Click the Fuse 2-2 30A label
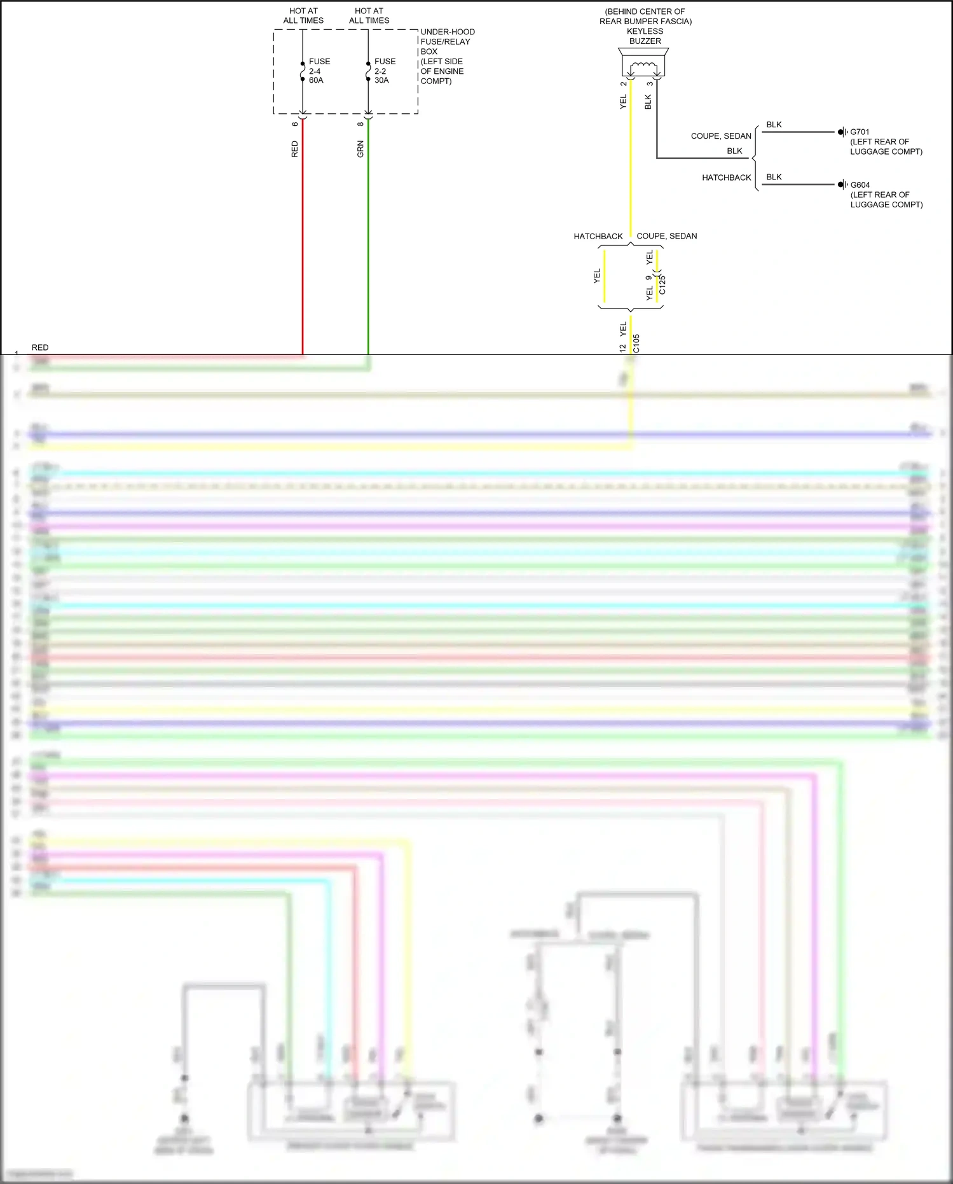385,71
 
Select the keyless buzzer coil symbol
643,67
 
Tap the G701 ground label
860,132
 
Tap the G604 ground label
860,185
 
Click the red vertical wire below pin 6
303,242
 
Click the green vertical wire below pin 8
368,242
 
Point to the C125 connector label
662,284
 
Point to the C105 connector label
636,344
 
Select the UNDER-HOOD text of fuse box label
448,32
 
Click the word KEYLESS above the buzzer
645,31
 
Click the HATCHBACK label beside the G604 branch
726,178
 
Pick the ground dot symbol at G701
840,132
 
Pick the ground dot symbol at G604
840,185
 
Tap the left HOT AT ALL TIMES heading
303,16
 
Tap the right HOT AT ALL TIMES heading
369,16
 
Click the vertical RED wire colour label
294,150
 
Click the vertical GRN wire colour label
360,150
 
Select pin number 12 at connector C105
622,348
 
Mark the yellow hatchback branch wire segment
605,277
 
